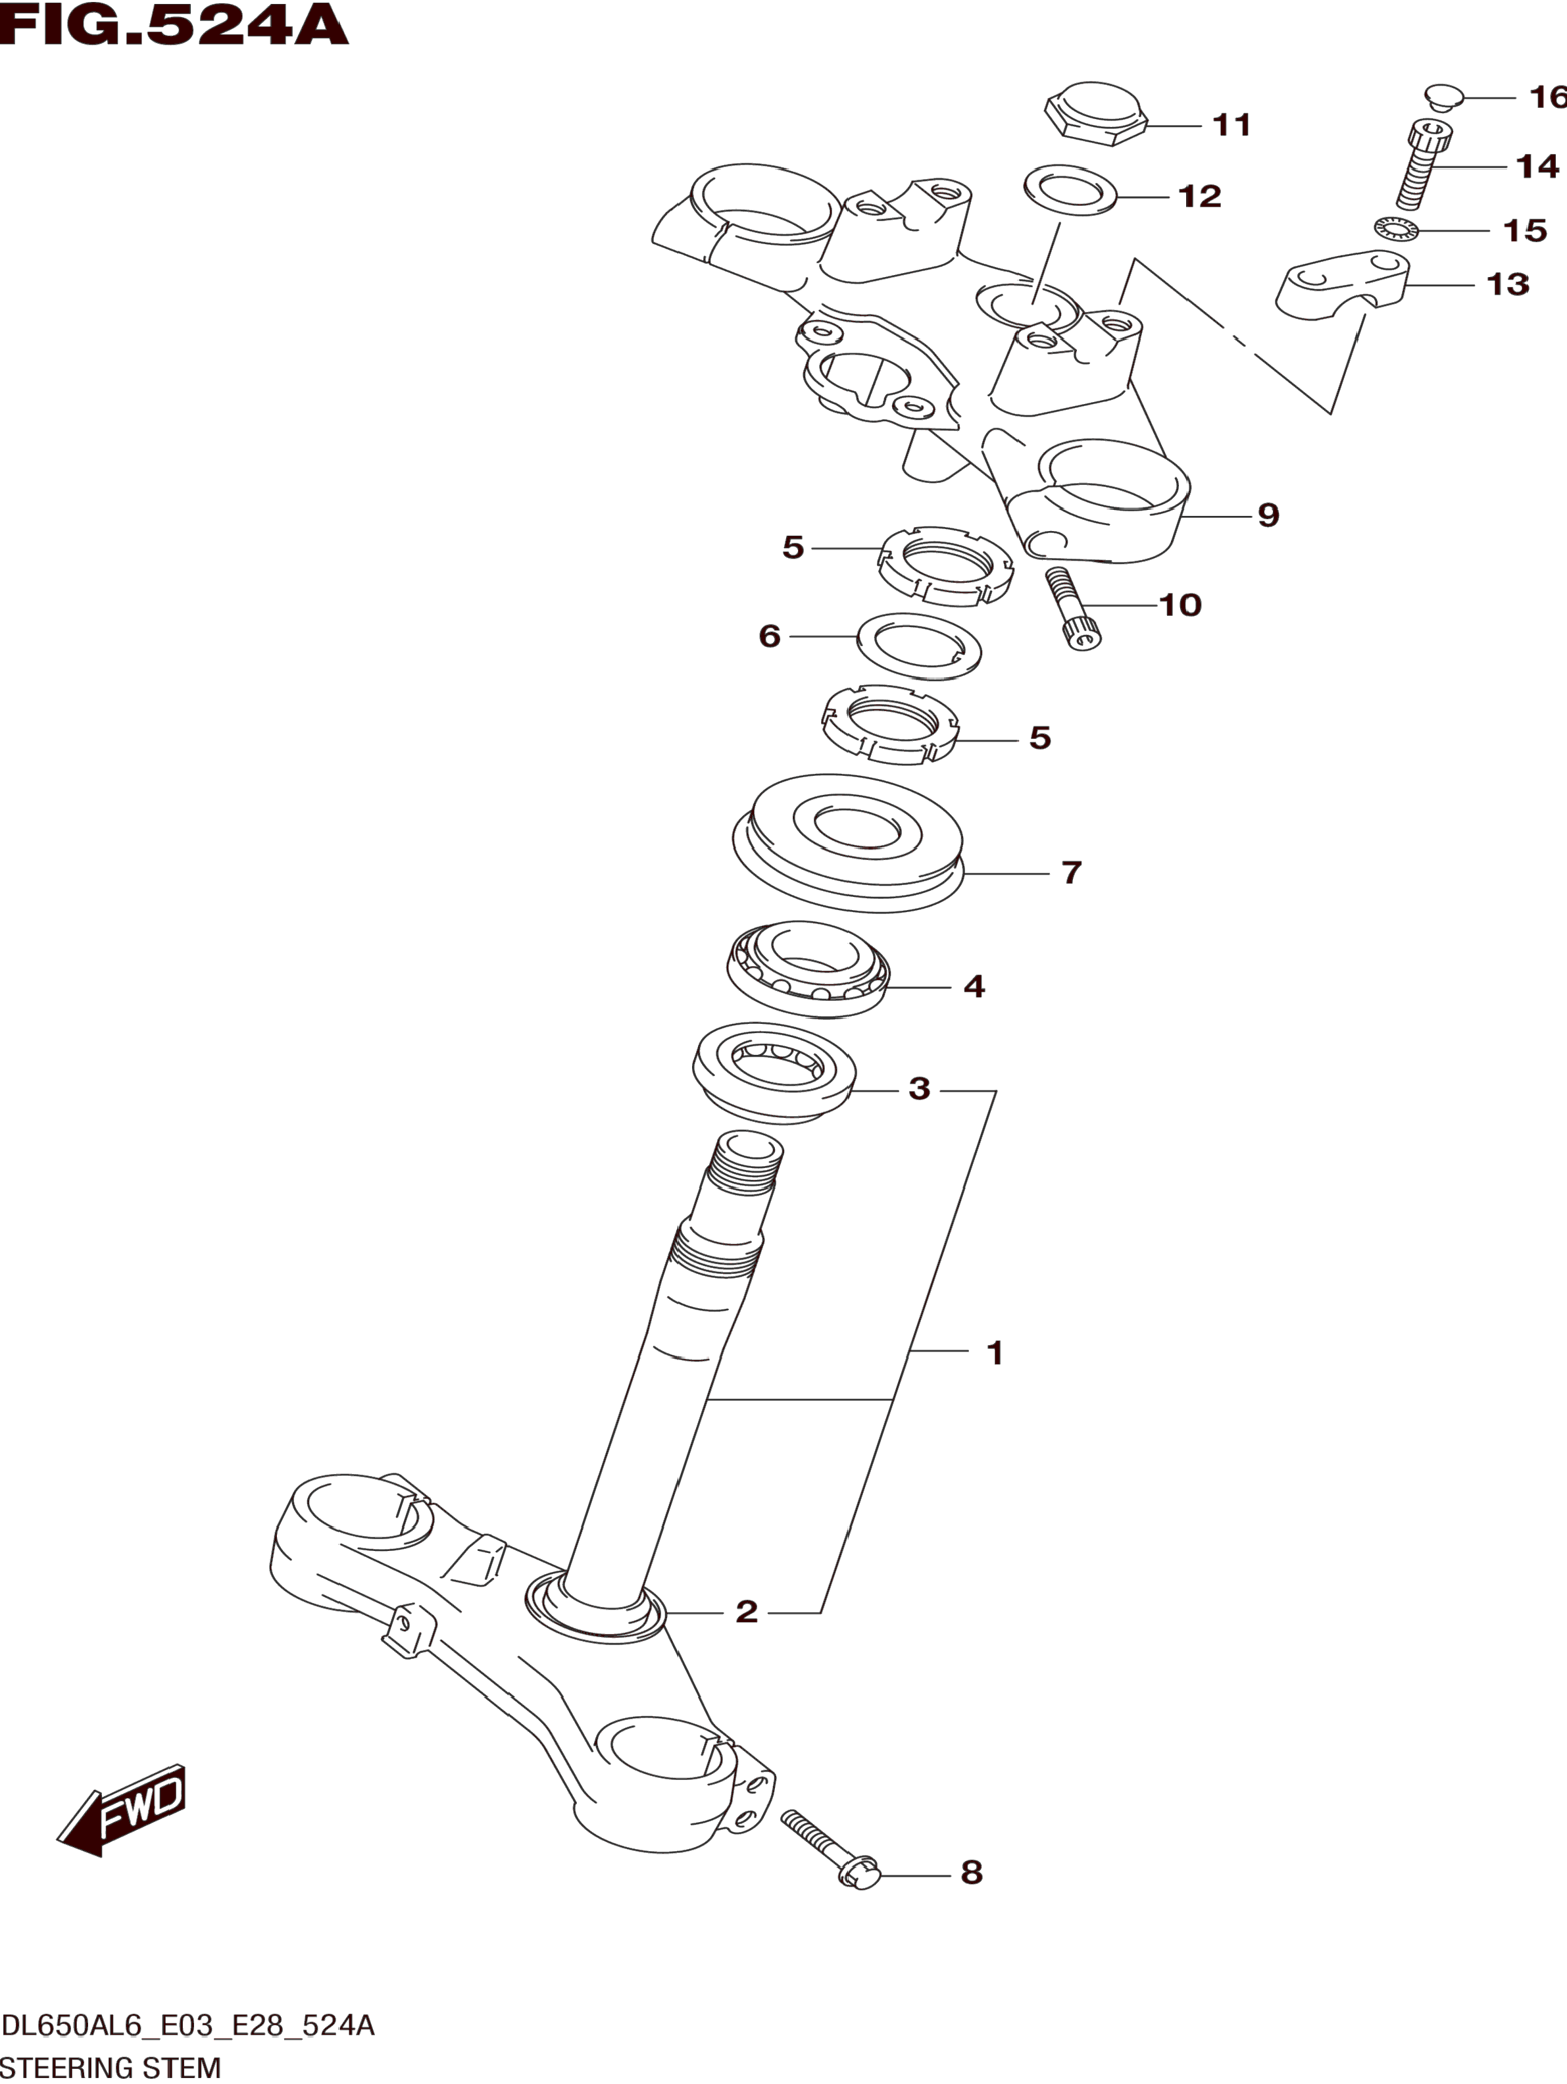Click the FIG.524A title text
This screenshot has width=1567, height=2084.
[174, 26]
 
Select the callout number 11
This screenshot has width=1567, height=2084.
[1231, 124]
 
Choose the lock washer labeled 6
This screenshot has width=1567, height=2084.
[918, 646]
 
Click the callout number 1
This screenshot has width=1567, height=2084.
[995, 1353]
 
